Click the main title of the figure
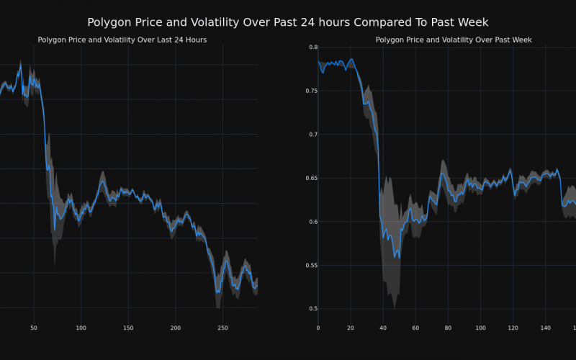288,22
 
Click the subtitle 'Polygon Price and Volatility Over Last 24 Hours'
122,40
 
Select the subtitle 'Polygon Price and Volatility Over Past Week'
454,40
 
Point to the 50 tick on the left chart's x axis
33,328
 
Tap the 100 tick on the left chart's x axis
81,328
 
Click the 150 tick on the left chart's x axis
128,328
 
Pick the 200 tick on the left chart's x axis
175,328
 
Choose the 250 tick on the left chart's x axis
222,328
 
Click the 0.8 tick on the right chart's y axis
313,48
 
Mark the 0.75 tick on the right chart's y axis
311,91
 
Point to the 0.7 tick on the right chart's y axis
313,135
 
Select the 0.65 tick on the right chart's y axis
311,178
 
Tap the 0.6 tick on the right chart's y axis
313,222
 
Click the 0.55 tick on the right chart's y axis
311,266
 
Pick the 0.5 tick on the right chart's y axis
313,309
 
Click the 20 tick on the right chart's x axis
351,328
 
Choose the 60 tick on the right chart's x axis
415,328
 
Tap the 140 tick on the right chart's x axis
545,328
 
